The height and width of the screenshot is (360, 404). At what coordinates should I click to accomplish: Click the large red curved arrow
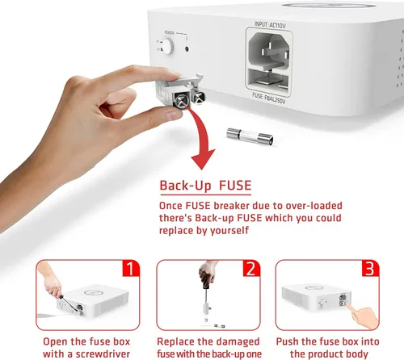(203, 135)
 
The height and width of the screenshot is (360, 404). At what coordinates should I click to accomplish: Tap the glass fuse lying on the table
(250, 136)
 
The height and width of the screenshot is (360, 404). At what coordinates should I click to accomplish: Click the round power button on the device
(167, 46)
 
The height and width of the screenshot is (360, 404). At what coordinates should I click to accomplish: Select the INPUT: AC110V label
(270, 25)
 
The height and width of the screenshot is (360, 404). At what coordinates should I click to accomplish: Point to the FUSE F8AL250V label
(268, 98)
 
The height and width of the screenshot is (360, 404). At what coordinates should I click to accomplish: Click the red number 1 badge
(131, 268)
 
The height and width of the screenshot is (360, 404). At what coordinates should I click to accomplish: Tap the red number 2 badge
(251, 268)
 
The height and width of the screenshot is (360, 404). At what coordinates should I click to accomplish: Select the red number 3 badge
(370, 268)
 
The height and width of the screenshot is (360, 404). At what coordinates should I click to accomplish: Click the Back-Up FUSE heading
(205, 186)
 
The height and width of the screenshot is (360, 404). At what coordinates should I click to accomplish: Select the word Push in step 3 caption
(288, 341)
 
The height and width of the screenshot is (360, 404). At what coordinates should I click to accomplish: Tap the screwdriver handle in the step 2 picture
(206, 274)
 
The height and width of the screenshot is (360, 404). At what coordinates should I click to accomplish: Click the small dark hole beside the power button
(187, 49)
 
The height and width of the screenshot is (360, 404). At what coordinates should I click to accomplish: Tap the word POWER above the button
(169, 32)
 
